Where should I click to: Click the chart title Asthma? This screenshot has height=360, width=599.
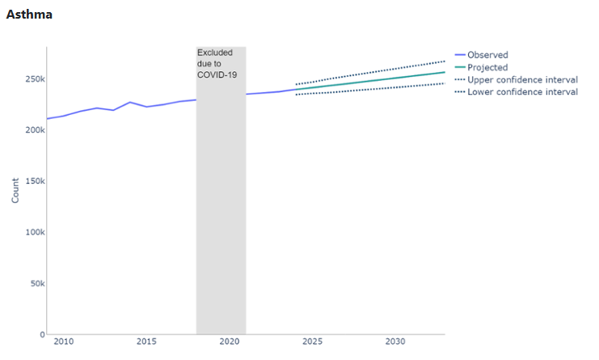[x=29, y=15]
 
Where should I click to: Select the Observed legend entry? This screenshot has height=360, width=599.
[x=487, y=55]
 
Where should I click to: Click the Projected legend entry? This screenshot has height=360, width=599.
[x=487, y=67]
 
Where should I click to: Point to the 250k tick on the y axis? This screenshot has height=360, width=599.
[x=32, y=79]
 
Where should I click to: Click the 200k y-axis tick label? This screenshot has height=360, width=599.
[x=32, y=130]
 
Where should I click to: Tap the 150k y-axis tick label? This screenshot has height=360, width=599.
[x=32, y=181]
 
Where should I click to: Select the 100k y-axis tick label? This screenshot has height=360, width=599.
[x=32, y=232]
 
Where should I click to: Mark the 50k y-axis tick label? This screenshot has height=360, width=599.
[x=34, y=284]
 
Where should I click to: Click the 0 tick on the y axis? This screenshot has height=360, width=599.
[x=40, y=334]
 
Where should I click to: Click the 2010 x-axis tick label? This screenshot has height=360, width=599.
[x=63, y=342]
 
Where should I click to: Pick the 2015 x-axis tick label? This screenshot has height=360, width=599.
[x=146, y=342]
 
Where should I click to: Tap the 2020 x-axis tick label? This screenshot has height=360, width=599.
[x=230, y=342]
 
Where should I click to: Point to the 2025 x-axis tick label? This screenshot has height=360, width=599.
[x=312, y=342]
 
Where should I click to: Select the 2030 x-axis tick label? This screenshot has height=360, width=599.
[x=395, y=342]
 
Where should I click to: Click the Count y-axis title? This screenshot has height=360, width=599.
[x=15, y=191]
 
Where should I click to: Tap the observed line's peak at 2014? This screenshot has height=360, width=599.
[x=129, y=102]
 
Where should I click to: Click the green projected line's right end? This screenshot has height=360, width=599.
[x=445, y=72]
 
